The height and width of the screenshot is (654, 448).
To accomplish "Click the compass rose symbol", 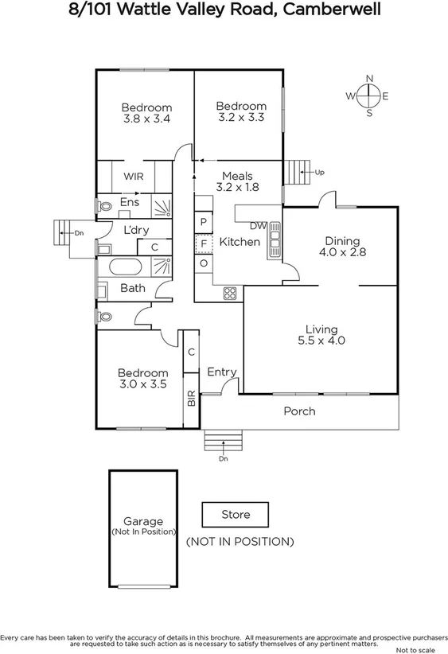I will tap(369, 96).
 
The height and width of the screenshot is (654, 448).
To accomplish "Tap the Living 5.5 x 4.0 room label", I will tap(321, 335).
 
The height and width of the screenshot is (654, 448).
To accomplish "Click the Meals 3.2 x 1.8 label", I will tap(238, 181).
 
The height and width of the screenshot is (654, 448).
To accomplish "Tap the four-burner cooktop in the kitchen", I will tap(230, 294).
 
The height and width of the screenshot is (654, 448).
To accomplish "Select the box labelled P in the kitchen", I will tap(204, 221).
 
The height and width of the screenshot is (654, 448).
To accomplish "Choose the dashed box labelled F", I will tap(204, 242).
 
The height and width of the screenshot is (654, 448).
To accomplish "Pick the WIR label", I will tap(134, 177).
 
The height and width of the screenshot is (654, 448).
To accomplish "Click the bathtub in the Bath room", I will tap(127, 267).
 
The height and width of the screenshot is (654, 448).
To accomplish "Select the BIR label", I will tap(191, 398).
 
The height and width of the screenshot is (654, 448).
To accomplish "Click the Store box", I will tap(235, 515).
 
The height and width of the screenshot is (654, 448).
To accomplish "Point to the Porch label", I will tap(299, 411).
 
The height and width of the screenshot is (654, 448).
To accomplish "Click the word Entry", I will tap(222, 372).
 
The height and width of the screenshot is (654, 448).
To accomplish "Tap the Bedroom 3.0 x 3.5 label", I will tap(142, 378).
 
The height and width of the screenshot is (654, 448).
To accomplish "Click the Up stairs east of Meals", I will tap(296, 171).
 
